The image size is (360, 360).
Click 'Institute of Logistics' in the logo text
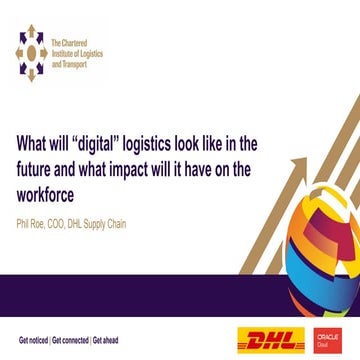tap(76, 50)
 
